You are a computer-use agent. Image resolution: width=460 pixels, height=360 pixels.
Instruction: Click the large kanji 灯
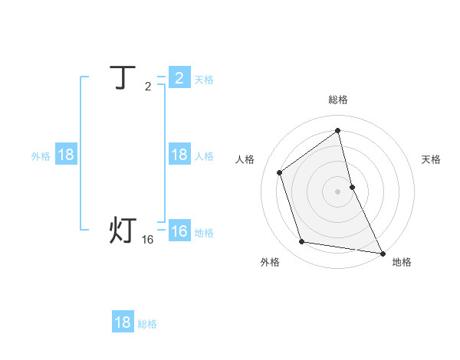point(123,231)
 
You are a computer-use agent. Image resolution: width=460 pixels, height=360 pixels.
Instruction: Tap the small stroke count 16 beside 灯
point(148,240)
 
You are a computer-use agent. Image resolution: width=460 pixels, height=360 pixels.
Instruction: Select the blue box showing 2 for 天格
point(179,78)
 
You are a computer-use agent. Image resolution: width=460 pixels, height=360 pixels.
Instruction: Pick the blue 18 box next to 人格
point(179,155)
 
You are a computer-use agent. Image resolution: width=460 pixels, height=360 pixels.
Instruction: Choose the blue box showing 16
point(179,231)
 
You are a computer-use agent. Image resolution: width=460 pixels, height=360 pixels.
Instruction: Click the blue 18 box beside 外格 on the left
point(66,155)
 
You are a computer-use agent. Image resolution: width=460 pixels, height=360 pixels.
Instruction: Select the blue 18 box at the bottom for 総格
point(123,322)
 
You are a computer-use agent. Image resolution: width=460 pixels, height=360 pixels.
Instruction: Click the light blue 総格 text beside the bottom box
point(147,324)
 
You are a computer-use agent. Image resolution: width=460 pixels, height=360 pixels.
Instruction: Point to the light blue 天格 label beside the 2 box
point(204,80)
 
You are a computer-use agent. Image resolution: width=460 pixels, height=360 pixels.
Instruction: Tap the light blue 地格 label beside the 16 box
point(204,233)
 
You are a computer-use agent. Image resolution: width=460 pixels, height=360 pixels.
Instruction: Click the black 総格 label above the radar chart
point(338,100)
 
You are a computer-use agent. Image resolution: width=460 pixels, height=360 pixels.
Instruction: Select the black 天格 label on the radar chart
point(431,159)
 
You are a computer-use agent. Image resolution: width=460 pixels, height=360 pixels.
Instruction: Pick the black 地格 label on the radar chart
point(402,262)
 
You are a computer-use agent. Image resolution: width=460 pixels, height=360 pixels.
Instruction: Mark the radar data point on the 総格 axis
point(338,130)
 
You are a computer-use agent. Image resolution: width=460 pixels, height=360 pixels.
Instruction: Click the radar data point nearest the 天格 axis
point(352,186)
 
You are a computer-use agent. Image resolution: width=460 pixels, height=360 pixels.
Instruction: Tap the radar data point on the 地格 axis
point(382,252)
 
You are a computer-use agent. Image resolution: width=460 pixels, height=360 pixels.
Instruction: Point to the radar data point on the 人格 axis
point(280,172)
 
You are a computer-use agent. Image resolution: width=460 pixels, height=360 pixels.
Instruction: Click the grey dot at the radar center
point(338,191)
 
